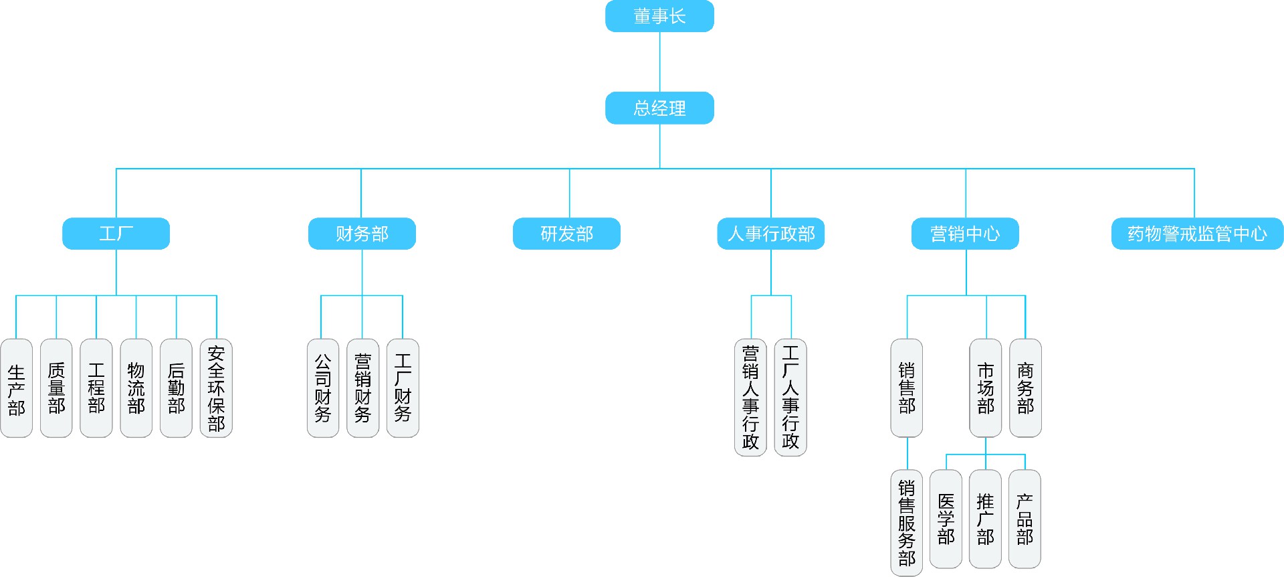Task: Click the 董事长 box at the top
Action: click(659, 16)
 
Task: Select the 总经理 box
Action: click(659, 108)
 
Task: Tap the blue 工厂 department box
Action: click(116, 234)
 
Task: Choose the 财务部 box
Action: click(362, 234)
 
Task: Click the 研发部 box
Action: click(566, 234)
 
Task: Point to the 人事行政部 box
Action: click(770, 234)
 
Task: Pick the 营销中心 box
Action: click(965, 234)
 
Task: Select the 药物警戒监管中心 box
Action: click(1197, 234)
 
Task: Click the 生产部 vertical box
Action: click(17, 388)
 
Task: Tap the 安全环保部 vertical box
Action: click(216, 388)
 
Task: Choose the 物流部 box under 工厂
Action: click(136, 388)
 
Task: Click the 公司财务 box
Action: click(323, 388)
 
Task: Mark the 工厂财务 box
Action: click(403, 388)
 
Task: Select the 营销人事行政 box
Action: click(750, 398)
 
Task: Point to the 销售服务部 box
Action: click(906, 522)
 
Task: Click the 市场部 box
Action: click(986, 388)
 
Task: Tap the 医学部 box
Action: click(946, 519)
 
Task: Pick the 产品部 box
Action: click(1025, 519)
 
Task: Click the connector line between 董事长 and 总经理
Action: click(660, 62)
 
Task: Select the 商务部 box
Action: click(1025, 388)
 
